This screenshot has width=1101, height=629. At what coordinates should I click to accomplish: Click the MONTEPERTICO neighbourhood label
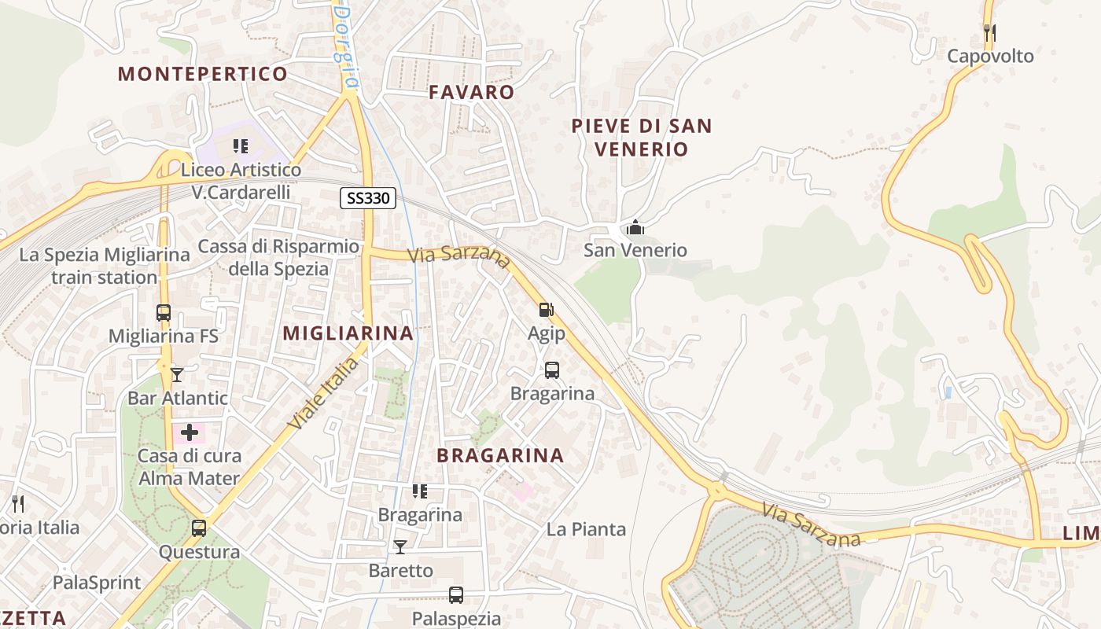tap(203, 74)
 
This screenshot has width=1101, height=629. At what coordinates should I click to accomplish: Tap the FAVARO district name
tap(472, 92)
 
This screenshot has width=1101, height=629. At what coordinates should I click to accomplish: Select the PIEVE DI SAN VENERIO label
tap(642, 137)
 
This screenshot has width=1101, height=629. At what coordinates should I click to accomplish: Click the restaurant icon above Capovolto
tap(990, 33)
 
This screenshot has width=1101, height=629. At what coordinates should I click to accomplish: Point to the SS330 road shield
tap(368, 198)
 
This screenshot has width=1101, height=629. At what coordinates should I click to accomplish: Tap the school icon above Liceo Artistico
tap(241, 146)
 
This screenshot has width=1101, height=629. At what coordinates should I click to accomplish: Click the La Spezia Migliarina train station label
tap(105, 266)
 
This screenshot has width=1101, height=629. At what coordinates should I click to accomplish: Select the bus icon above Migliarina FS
tap(164, 313)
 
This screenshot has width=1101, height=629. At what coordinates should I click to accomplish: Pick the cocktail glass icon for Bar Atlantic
tap(177, 374)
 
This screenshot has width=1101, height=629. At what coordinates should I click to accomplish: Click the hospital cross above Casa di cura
tap(190, 432)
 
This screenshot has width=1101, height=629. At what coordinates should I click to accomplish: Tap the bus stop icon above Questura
tap(199, 528)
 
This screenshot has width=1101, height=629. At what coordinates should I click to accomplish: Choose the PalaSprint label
tap(97, 583)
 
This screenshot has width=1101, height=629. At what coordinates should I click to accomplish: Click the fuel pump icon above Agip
tap(547, 311)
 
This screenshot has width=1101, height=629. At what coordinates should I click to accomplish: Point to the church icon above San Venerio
tap(635, 228)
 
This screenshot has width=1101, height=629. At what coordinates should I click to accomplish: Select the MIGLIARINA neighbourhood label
tap(348, 333)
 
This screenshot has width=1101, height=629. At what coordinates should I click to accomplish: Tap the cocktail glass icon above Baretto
tap(400, 547)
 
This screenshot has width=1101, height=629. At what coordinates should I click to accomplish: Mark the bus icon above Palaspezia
tap(456, 595)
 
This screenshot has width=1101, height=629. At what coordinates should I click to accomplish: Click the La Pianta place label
tap(586, 529)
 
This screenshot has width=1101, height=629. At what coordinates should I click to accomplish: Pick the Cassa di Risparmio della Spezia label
tap(278, 257)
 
